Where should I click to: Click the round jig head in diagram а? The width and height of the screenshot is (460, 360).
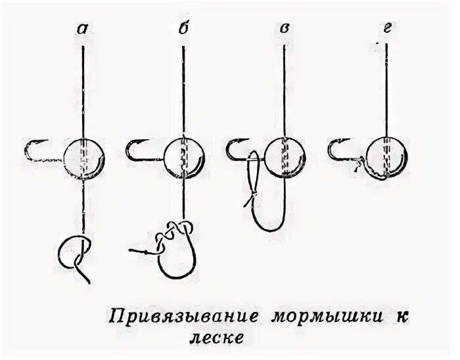(x=85, y=158)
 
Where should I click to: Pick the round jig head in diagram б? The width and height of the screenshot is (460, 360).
(x=183, y=158)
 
